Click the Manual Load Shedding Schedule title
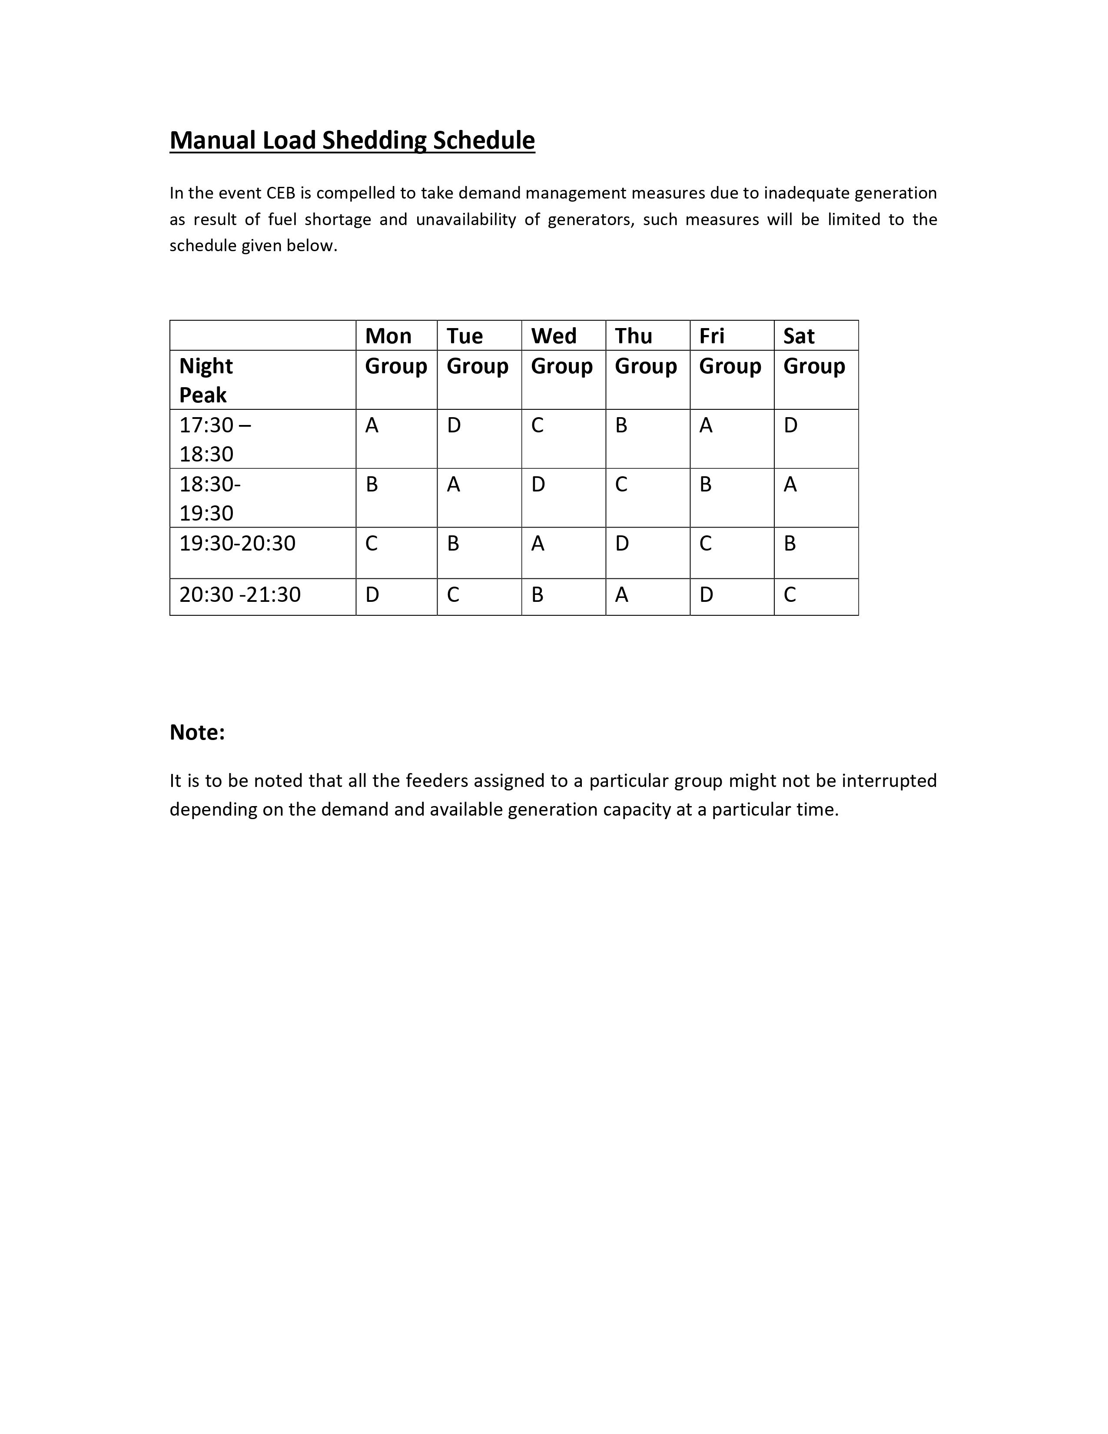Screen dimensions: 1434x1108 (352, 140)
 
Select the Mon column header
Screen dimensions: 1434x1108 (388, 336)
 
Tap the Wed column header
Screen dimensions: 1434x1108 (553, 336)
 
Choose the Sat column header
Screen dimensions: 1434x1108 (798, 336)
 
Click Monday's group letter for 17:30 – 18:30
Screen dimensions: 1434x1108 (372, 425)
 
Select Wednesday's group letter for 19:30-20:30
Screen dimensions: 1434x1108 (537, 544)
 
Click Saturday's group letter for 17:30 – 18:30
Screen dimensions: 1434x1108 (790, 425)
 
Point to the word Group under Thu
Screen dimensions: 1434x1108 (645, 366)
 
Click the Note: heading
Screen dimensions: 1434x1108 (197, 732)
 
